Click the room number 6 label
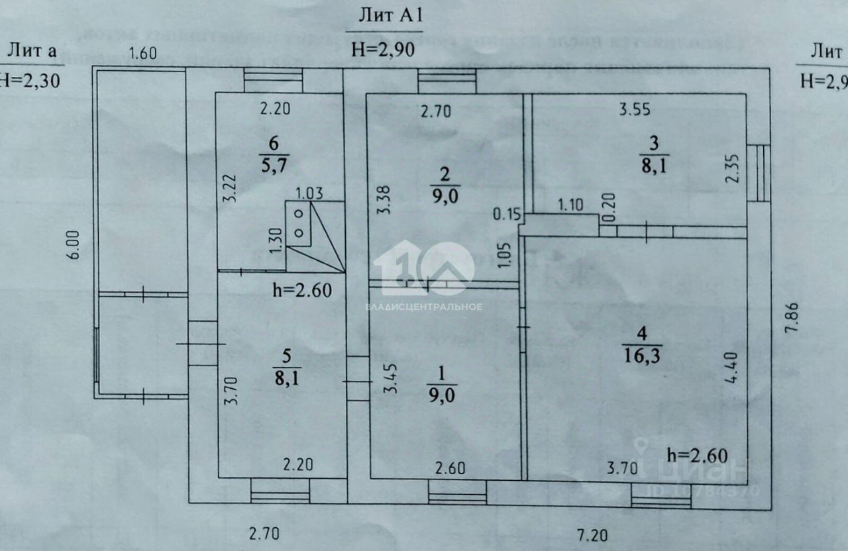272,143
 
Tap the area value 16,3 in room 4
643,356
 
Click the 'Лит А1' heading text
384,17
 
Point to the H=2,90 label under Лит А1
384,50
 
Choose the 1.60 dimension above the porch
142,54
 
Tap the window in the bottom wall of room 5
280,491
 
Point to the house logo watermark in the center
424,268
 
